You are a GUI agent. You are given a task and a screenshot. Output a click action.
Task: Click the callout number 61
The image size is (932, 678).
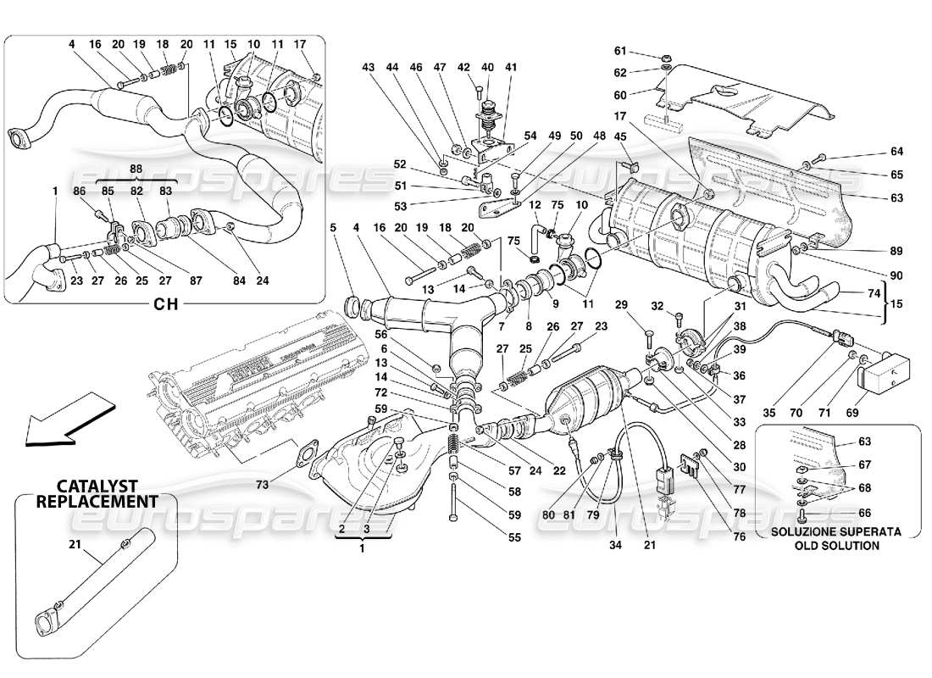pyautogui.click(x=643, y=50)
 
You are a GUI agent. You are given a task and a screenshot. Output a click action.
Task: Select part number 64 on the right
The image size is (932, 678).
pyautogui.click(x=897, y=152)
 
